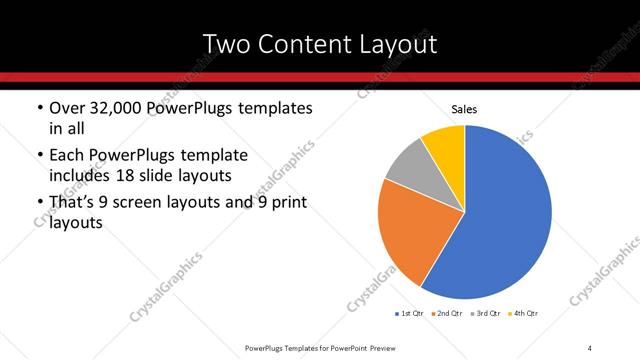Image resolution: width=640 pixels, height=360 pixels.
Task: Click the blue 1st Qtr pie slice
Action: pos(505,215)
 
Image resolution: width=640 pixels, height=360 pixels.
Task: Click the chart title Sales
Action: pos(465,108)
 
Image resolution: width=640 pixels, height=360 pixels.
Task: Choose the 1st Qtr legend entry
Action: pos(410,314)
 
